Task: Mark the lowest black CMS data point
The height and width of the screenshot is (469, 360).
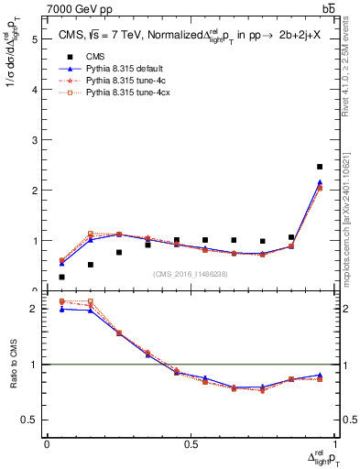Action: point(61,277)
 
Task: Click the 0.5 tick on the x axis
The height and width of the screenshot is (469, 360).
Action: point(191,443)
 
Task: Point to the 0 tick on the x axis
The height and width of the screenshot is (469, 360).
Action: point(47,443)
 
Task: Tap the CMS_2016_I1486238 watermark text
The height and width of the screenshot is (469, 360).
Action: point(191,273)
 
